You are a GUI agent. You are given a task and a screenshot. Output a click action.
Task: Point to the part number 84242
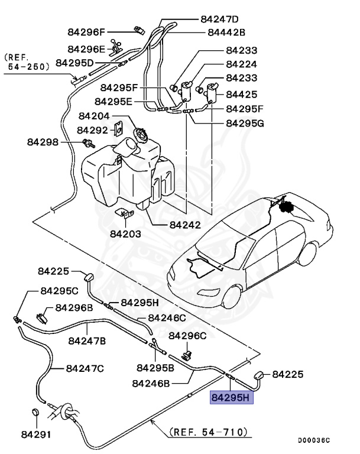point(184,225)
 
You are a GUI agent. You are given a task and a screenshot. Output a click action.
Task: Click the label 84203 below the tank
point(125,234)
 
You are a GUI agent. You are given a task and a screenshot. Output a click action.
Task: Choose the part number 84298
point(43,142)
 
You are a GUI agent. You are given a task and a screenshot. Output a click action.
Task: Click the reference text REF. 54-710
point(208,432)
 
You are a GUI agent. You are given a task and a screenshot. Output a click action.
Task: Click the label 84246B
point(151,383)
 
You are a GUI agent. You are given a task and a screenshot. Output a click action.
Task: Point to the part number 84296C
point(187,336)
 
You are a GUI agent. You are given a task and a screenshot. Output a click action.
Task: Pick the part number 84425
point(241,94)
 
